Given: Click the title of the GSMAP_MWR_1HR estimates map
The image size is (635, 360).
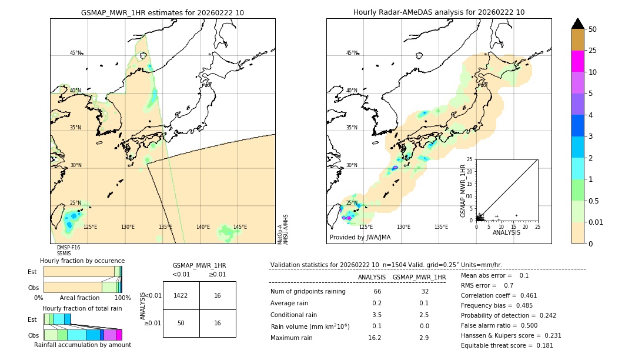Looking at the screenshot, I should point(162,12).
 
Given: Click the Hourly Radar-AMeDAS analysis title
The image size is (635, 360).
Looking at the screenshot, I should point(439,12).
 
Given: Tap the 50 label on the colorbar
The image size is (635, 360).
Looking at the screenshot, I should point(593,29).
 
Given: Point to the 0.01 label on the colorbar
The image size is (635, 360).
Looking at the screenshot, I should point(596,222).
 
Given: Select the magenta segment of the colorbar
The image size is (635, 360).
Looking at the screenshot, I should point(577,61).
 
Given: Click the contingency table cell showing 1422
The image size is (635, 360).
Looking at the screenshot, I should point(181,295).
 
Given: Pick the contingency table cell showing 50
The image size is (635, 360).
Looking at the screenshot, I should point(181,323).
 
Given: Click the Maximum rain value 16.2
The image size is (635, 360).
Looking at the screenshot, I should point(375,338).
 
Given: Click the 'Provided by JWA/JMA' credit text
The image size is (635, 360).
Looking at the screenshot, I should point(360,238).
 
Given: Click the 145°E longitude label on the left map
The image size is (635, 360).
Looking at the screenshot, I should point(240,227).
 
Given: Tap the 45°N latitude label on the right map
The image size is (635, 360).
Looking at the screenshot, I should point(352,53).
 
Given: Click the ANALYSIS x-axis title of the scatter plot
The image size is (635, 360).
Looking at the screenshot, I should point(506,232).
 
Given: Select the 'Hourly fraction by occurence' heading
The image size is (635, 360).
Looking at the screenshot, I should point(82,261).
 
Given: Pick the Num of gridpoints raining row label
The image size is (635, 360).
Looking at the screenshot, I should point(308,291).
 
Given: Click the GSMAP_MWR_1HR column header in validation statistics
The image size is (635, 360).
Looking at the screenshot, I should point(419,277).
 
